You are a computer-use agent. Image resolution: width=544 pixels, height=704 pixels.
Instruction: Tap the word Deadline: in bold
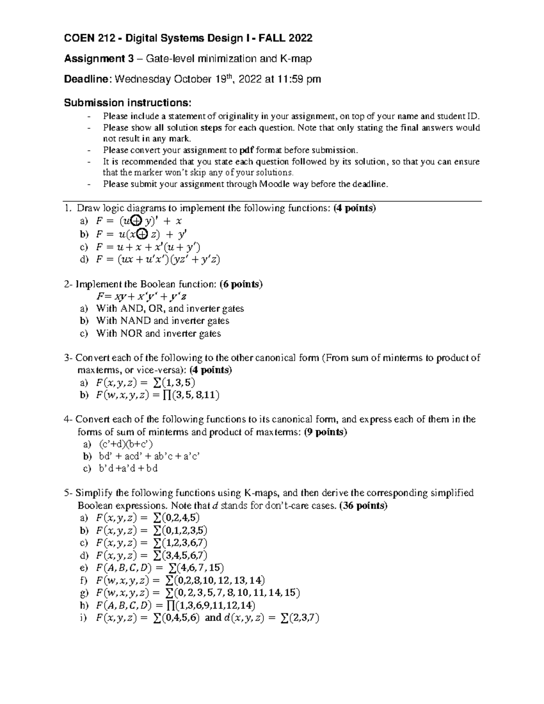click(x=87, y=79)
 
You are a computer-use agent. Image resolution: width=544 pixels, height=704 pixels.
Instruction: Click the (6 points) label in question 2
click(x=241, y=284)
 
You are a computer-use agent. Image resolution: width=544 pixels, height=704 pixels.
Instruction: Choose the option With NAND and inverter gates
click(x=163, y=321)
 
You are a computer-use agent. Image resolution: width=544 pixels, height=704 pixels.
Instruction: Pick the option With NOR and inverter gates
click(x=159, y=334)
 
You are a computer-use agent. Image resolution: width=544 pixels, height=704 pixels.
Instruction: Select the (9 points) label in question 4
click(x=325, y=432)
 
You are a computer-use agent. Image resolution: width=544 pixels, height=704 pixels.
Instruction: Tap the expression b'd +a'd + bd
click(x=128, y=468)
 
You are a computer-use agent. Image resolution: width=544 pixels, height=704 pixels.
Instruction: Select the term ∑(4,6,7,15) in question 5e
click(x=196, y=568)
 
